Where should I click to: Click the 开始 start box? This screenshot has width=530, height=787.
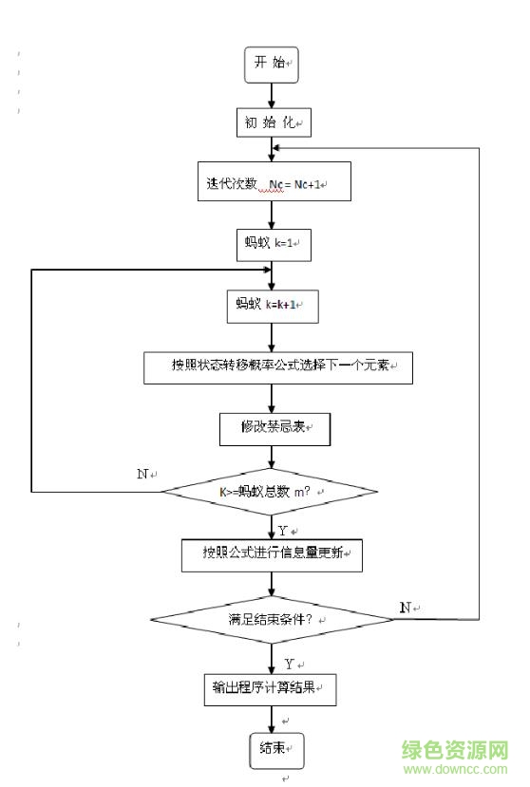272,64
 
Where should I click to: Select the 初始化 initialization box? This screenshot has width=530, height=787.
273,122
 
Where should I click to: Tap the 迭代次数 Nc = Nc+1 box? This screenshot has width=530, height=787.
272,182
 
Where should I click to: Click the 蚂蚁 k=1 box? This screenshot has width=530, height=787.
273,244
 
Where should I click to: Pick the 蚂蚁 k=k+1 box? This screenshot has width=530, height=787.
273,306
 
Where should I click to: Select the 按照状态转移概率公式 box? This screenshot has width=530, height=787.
278,366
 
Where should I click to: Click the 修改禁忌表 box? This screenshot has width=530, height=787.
274,428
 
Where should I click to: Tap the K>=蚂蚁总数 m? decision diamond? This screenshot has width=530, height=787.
270,492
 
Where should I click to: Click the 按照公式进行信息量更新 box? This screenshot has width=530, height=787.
273,554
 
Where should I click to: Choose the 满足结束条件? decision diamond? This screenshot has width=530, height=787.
273,619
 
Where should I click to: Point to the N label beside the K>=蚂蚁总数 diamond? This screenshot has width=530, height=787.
142,473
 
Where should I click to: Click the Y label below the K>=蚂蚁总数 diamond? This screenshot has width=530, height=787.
283,531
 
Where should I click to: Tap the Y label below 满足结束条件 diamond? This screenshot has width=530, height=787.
289,664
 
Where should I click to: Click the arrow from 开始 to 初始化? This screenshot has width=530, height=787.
273,93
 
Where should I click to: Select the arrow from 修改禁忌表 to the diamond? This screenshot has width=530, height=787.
273,457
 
